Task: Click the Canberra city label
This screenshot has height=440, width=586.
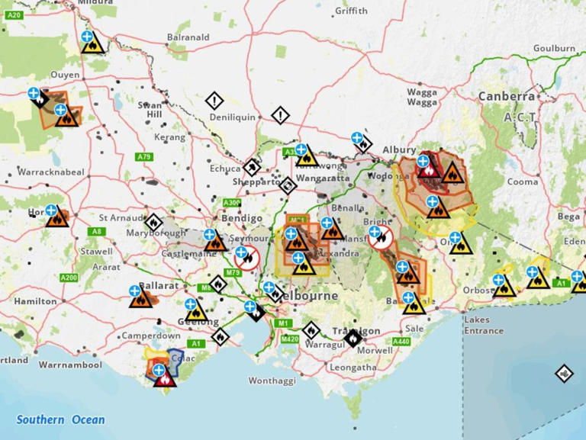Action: tap(506, 97)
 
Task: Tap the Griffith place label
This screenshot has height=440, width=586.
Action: tap(351, 11)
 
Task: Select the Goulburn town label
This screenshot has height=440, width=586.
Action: tap(555, 48)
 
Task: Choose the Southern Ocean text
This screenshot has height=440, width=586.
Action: tap(61, 419)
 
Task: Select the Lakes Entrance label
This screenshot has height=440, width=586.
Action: tap(483, 326)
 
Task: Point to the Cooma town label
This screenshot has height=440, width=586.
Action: tap(523, 182)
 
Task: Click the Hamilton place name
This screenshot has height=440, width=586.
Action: tap(35, 301)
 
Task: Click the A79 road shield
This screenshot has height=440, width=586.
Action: tap(144, 156)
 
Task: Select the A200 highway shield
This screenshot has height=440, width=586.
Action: tap(68, 278)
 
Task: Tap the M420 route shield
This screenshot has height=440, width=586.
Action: tap(289, 339)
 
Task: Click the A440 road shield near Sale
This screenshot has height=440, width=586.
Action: tap(401, 341)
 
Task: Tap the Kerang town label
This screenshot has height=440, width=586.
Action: tap(169, 137)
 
